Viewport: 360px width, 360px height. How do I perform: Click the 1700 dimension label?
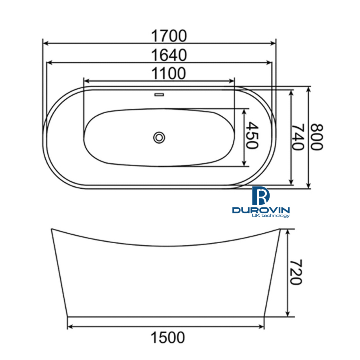tap(168, 36)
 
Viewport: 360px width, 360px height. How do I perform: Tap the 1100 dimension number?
tap(168, 74)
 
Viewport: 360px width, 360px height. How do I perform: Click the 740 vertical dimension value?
tap(298, 137)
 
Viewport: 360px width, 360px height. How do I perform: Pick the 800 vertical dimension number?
tap(316, 137)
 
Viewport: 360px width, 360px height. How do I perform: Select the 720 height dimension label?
tap(295, 272)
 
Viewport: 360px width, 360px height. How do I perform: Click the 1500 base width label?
tap(168, 338)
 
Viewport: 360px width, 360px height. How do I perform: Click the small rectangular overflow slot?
tap(159, 95)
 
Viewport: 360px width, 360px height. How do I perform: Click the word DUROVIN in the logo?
tap(261, 210)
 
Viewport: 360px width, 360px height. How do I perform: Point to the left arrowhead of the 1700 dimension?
tap(45, 43)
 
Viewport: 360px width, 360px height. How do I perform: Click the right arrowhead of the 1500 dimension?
tap(262, 327)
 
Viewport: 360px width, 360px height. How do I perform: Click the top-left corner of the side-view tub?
tap(52, 229)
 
